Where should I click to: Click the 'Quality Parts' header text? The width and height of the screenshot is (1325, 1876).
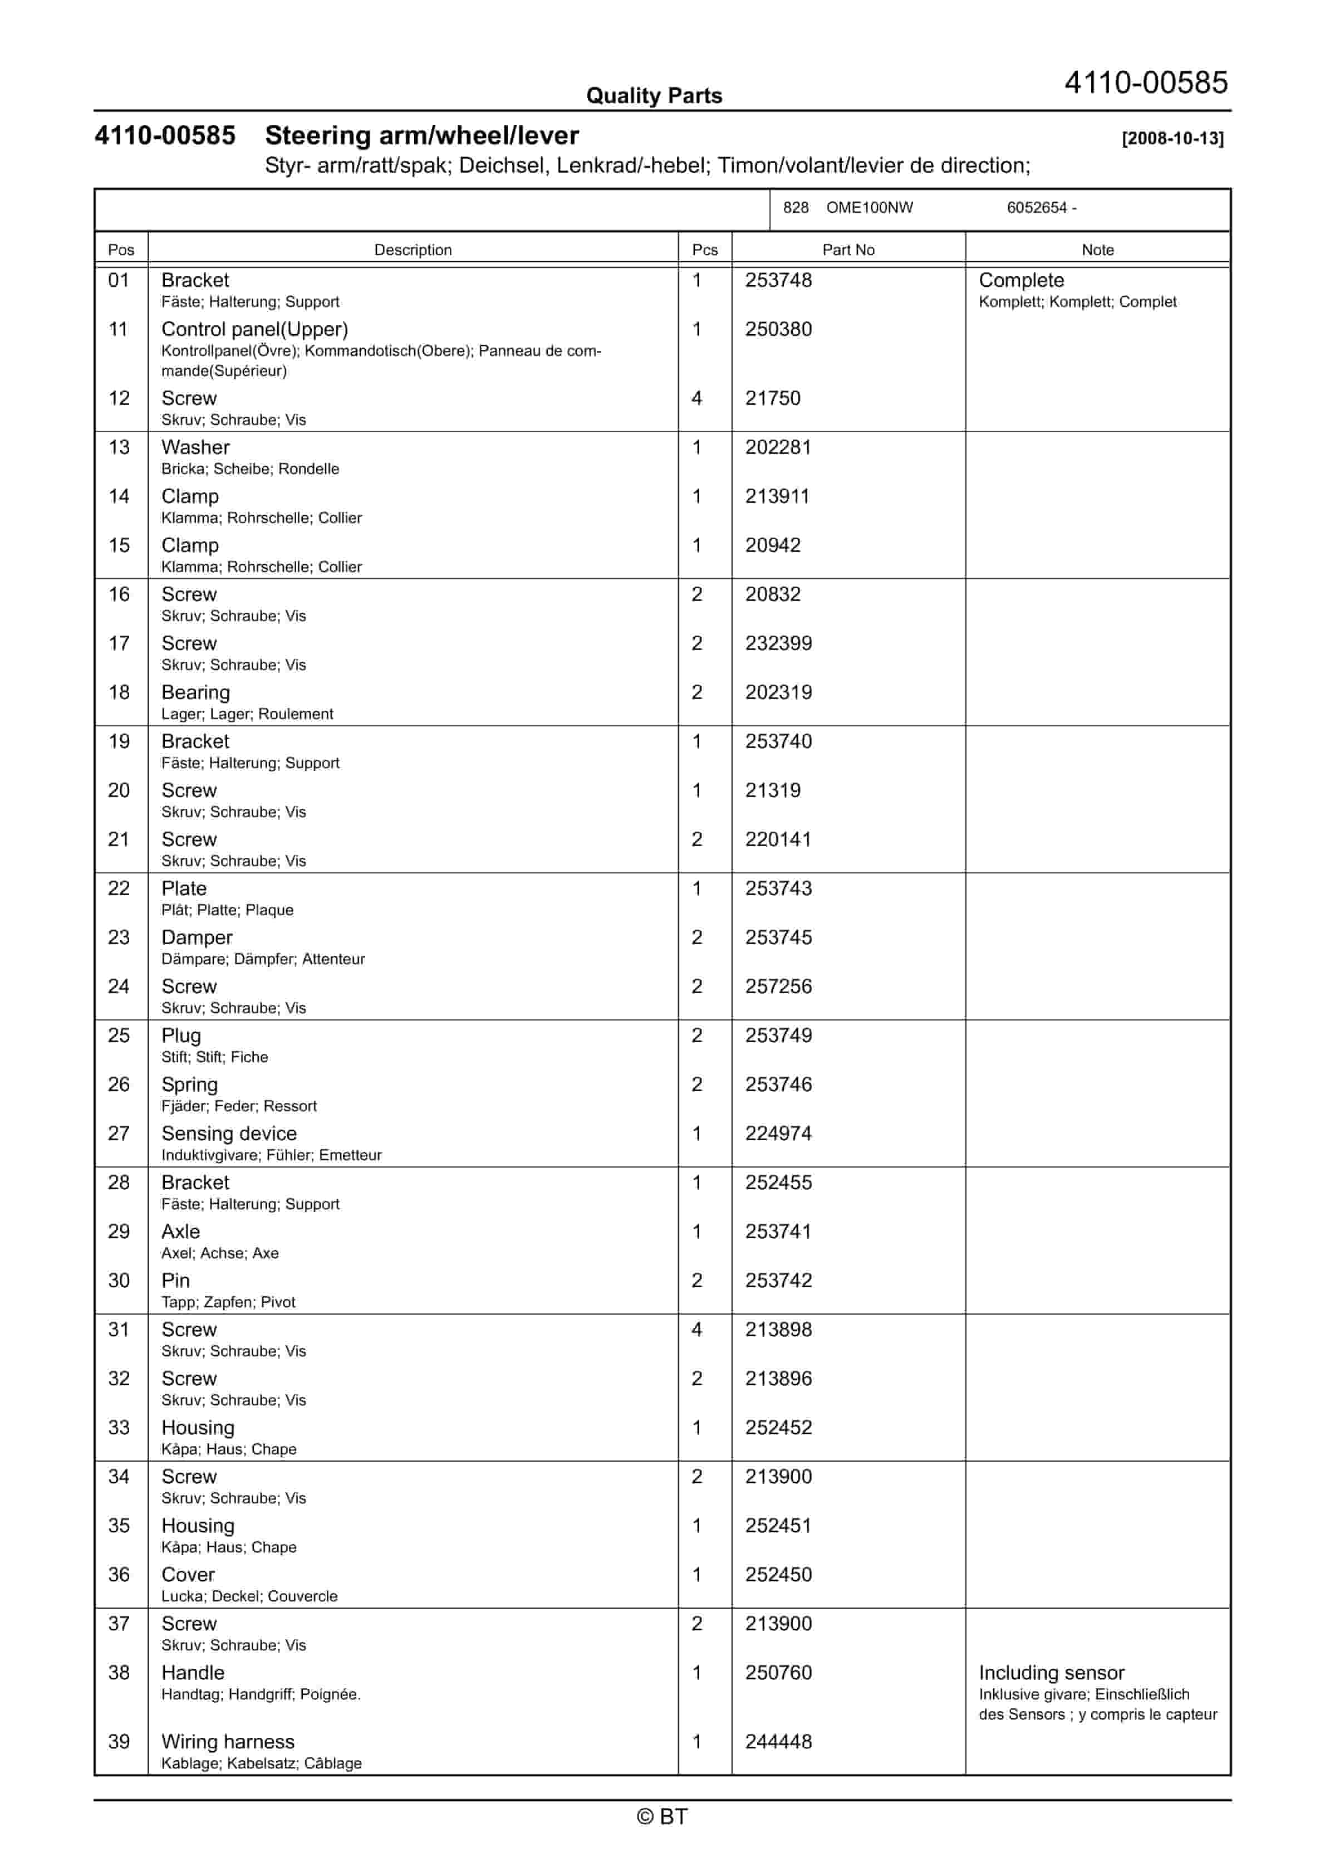(654, 96)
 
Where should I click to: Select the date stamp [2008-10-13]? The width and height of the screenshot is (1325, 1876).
(1172, 138)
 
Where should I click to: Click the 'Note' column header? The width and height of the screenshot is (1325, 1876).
(1097, 250)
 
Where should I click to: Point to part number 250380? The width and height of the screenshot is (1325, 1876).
(778, 329)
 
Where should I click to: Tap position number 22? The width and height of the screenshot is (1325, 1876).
(119, 888)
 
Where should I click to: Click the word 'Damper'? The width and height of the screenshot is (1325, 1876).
(197, 937)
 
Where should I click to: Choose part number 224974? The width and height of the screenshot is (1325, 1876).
(778, 1134)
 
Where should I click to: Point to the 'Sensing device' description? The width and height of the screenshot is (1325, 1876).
(229, 1134)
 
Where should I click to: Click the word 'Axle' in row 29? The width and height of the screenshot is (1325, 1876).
(180, 1232)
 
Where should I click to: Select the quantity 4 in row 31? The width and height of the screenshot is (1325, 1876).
(697, 1330)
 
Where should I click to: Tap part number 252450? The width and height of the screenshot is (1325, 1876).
(778, 1575)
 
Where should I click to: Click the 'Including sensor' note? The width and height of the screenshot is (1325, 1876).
(1051, 1673)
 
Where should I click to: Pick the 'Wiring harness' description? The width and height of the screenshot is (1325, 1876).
(228, 1741)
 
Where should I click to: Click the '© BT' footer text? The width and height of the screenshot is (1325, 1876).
(662, 1816)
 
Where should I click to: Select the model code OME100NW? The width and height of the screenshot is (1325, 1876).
(869, 208)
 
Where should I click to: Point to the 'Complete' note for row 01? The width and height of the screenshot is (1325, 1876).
(1021, 280)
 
